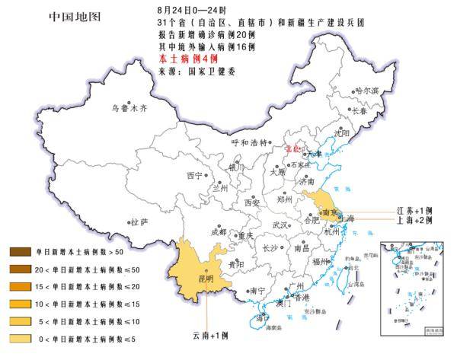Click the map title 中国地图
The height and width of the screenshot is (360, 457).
(x=74, y=15)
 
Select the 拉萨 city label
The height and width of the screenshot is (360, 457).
(x=139, y=223)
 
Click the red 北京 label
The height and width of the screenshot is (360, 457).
(x=294, y=150)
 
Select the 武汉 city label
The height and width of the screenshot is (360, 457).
(x=280, y=225)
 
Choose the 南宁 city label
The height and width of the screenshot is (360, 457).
(x=257, y=291)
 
